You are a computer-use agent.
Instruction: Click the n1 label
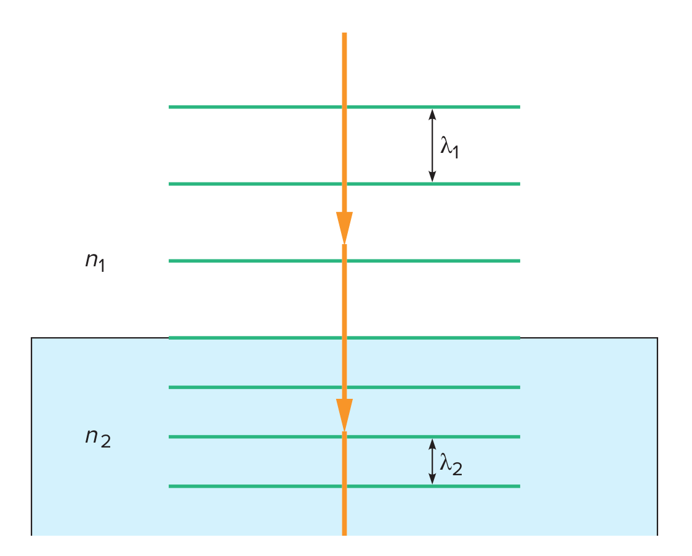[95, 261]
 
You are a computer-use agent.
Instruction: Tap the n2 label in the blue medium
[97, 438]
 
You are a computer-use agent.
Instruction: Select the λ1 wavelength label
[450, 147]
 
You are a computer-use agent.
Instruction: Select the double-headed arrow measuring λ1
[432, 145]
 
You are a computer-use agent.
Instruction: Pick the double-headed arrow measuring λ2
[432, 461]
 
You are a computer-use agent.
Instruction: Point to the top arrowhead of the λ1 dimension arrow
[432, 113]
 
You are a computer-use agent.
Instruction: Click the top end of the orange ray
[344, 34]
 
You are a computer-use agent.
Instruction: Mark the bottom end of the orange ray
[344, 533]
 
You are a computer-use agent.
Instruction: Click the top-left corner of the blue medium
[32, 338]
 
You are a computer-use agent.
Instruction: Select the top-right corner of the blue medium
[657, 338]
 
